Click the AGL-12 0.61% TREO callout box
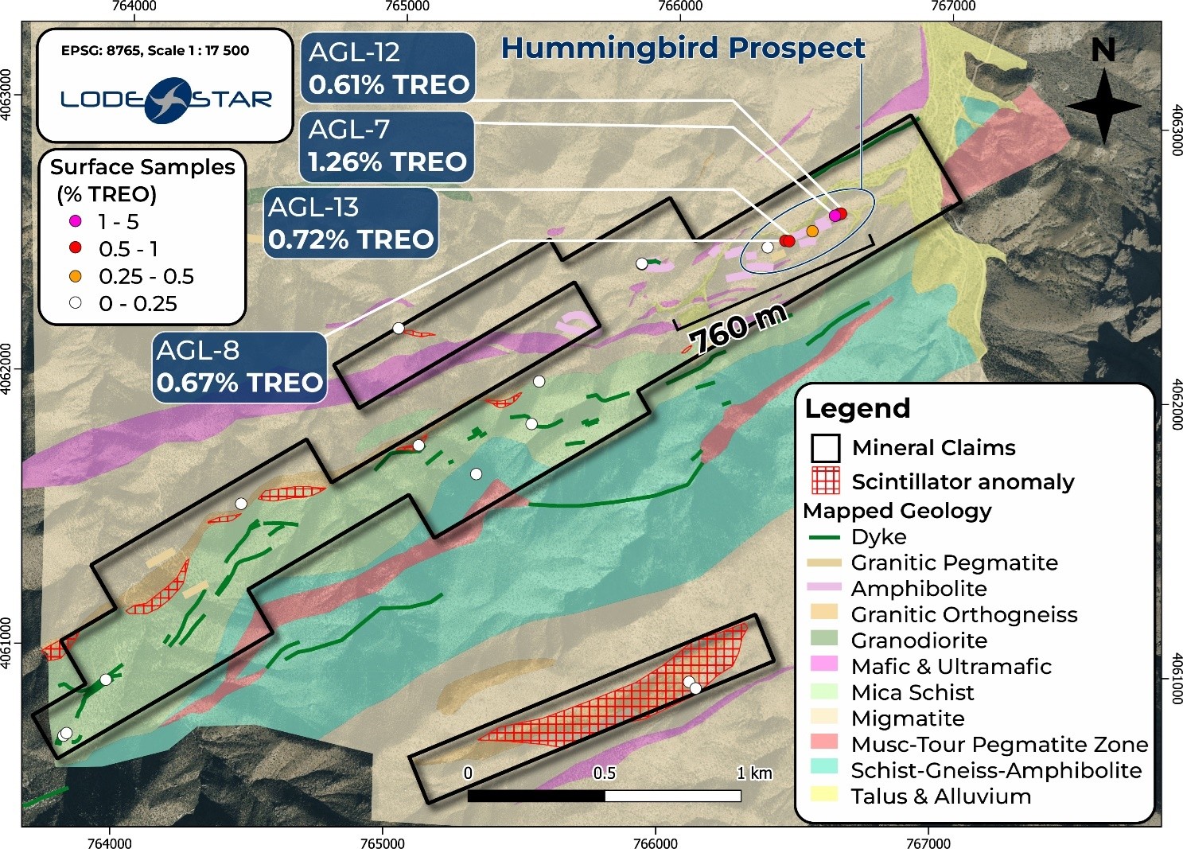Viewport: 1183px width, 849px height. pos(388,68)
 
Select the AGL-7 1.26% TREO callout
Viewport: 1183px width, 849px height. pos(387,146)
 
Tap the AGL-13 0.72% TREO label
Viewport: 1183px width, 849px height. pos(351,224)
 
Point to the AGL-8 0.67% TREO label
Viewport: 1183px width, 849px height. pos(239,367)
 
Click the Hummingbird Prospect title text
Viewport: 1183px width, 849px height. pos(683,49)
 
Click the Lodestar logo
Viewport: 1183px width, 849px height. pos(166,99)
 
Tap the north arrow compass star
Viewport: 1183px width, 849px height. pos(1103,106)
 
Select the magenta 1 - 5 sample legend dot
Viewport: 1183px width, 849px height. pos(76,221)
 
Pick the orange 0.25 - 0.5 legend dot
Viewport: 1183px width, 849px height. pos(76,276)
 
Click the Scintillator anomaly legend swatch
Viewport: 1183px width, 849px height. pos(825,481)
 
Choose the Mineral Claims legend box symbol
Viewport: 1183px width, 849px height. pos(825,448)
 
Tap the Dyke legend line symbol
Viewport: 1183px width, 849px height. pos(824,537)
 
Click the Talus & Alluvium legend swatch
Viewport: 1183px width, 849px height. pos(824,796)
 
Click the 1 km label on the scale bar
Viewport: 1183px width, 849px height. pos(753,773)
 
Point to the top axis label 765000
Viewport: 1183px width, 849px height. pos(407,6)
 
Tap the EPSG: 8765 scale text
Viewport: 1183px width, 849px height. pos(155,50)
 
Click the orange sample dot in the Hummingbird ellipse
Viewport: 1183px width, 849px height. pos(812,231)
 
